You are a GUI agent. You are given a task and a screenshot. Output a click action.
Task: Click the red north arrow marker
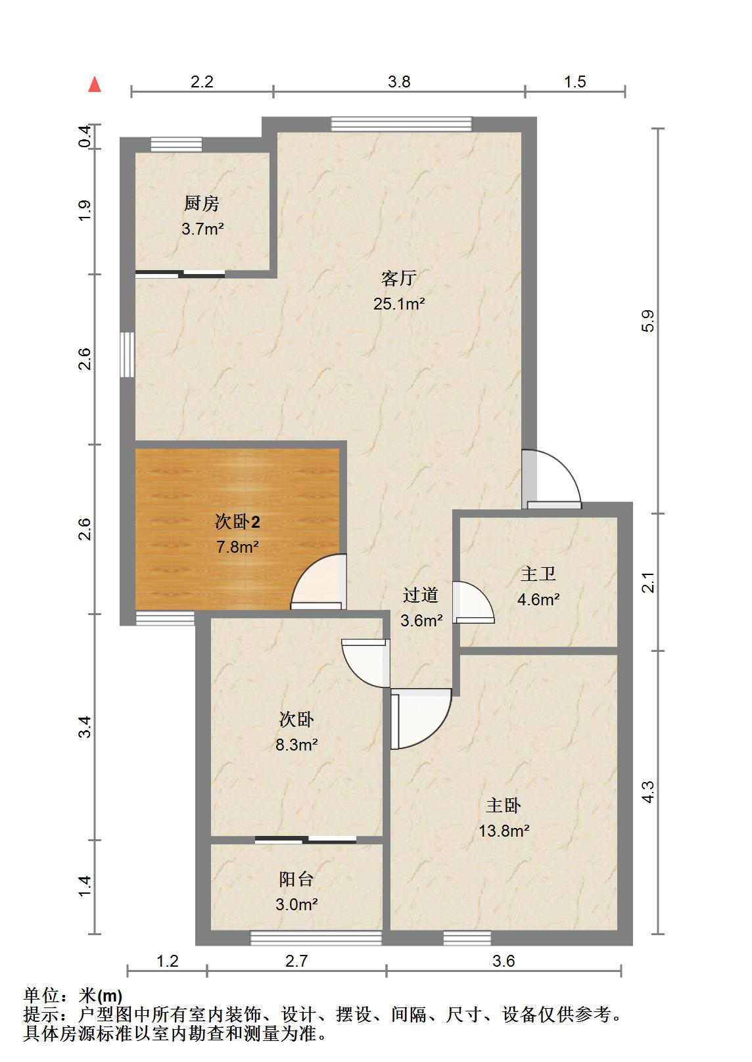click(x=95, y=85)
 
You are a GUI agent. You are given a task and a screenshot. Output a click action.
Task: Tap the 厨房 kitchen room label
click(x=201, y=204)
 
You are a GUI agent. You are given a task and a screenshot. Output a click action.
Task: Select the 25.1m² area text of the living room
click(x=399, y=304)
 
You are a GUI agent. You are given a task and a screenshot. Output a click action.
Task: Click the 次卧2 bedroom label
click(x=237, y=522)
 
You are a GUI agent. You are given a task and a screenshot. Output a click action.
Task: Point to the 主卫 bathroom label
click(x=538, y=574)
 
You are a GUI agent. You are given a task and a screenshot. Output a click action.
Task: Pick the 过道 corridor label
click(x=421, y=595)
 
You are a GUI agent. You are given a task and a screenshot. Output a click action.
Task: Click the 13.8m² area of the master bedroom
click(x=504, y=831)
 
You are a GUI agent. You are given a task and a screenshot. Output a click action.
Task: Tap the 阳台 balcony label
click(x=296, y=879)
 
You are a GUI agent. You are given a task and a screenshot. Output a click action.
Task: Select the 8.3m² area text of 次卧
click(x=296, y=745)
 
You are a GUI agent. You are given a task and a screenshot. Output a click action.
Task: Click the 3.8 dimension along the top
click(x=399, y=81)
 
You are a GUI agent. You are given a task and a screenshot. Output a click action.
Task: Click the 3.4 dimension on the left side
click(x=85, y=727)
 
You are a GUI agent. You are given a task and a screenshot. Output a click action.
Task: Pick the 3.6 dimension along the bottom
click(x=504, y=961)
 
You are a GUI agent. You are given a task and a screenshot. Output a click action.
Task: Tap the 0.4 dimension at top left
click(x=85, y=137)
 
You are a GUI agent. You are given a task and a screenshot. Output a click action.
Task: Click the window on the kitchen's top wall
click(x=176, y=145)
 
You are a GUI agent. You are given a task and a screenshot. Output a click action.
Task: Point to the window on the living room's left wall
click(x=128, y=354)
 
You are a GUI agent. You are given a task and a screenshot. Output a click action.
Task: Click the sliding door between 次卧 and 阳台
click(x=306, y=839)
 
